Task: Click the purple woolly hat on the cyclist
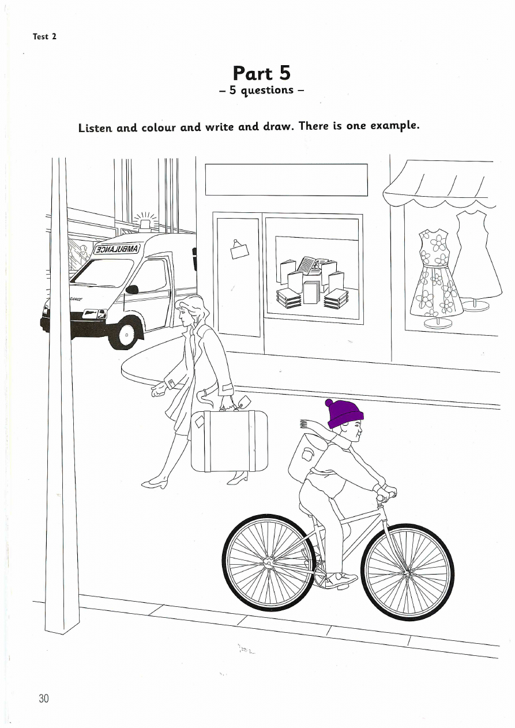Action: tap(344, 414)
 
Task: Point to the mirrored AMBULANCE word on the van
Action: tap(116, 249)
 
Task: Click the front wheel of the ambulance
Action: tap(126, 334)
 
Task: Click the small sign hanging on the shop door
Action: tap(239, 250)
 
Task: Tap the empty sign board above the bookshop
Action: tap(286, 179)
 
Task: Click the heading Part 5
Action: tap(262, 73)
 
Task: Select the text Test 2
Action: tap(44, 36)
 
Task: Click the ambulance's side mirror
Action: tap(132, 289)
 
